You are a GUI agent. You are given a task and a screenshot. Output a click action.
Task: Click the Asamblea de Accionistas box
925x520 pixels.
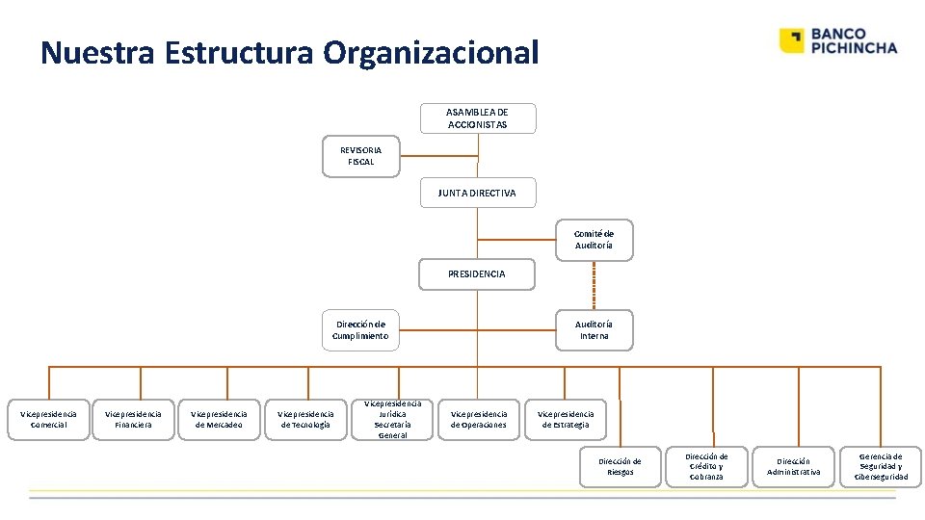coord(477,118)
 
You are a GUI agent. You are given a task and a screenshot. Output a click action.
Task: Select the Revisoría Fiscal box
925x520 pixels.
coord(360,156)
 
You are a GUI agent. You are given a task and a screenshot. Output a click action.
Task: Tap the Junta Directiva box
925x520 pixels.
coord(477,193)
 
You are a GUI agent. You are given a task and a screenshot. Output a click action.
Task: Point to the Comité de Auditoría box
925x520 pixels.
coord(594,240)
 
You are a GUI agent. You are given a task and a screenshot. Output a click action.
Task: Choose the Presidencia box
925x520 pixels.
coord(477,274)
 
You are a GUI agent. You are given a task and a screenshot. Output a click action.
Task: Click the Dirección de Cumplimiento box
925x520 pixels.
coord(360,330)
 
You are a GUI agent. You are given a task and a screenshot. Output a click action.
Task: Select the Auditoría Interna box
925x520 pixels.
coord(594,330)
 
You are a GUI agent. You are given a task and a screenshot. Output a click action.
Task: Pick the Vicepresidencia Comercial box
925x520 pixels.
coord(49,419)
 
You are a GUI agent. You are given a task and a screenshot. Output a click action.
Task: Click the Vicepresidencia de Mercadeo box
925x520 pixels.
coord(219,419)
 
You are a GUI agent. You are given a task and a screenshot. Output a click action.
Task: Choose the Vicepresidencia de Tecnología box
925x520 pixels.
coord(304,419)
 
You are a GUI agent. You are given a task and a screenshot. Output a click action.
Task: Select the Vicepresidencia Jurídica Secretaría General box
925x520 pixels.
coord(392,419)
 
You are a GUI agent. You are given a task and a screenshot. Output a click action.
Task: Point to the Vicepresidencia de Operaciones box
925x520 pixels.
coord(479,419)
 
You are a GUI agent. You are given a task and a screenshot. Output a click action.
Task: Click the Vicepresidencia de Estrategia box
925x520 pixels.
coord(566,419)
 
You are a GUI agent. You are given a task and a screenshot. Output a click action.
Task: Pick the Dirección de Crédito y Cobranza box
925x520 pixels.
coord(706,466)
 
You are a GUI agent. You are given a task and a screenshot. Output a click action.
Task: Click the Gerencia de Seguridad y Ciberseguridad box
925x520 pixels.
coord(881,466)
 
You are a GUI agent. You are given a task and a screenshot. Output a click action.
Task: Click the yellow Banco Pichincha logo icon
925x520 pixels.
coord(791,40)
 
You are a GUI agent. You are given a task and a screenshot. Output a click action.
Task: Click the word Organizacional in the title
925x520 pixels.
coord(431,53)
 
